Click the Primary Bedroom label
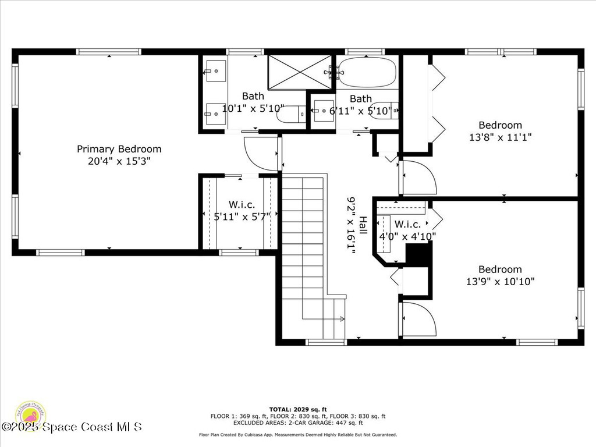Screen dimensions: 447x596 click(119, 149)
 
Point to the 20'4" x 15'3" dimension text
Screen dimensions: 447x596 click(119, 161)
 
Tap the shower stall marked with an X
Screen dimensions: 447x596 click(299, 72)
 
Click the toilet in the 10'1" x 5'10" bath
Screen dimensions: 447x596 click(290, 114)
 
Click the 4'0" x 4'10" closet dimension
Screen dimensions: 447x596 click(407, 236)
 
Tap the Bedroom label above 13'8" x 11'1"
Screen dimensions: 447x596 click(500, 125)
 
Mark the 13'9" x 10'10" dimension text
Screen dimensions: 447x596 click(500, 282)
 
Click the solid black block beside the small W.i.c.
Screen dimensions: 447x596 click(417, 254)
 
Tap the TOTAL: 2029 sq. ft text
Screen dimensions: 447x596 click(297, 409)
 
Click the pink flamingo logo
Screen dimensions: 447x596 click(30, 416)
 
